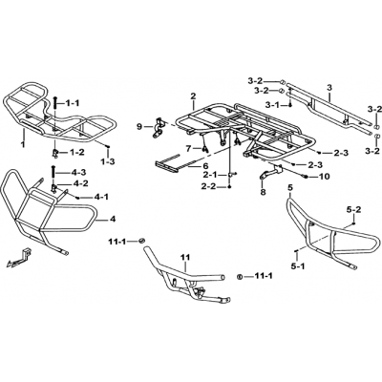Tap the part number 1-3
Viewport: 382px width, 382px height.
[x=108, y=161]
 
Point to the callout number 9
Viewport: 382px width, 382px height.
[x=139, y=127]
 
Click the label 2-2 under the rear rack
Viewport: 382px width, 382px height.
[x=208, y=186]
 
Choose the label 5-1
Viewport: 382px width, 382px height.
[x=298, y=265]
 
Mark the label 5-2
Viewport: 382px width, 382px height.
[x=353, y=209]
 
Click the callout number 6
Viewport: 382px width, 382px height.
[x=205, y=166]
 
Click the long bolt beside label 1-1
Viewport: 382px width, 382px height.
[x=54, y=102]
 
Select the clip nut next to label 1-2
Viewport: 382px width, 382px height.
[x=55, y=153]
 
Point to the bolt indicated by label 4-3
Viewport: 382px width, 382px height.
[x=53, y=173]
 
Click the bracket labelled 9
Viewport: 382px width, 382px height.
[x=159, y=128]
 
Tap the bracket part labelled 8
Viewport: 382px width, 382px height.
[x=270, y=172]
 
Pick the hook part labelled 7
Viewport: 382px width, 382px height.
[x=205, y=148]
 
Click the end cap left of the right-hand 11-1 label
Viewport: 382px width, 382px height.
[x=240, y=276]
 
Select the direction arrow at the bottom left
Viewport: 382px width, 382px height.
[x=18, y=257]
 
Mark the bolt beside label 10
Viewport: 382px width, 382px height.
[x=305, y=176]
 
